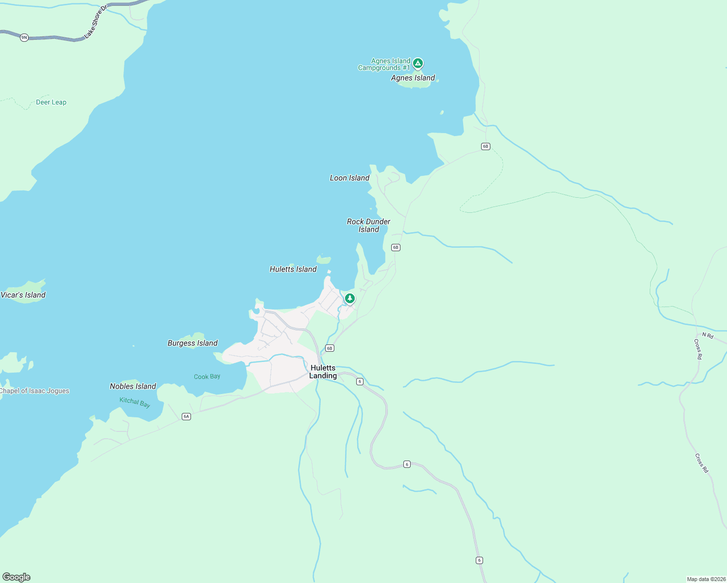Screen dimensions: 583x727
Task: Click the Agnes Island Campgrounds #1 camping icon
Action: [417, 63]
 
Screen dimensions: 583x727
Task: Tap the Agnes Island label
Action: [413, 78]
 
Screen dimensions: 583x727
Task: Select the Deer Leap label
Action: [51, 102]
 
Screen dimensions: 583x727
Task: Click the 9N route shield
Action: [24, 37]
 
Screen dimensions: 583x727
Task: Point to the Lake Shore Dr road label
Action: [95, 22]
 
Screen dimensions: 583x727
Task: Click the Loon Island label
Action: [349, 178]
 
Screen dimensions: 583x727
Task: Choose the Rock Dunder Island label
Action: [368, 225]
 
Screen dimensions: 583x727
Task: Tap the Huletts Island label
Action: [293, 269]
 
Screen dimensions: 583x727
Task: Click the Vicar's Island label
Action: [23, 295]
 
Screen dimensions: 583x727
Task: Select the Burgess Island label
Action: [192, 343]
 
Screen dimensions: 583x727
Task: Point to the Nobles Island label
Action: [133, 386]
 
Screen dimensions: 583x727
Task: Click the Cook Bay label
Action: [207, 377]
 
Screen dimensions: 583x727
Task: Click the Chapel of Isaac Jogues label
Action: [35, 391]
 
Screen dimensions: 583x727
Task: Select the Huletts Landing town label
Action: [323, 372]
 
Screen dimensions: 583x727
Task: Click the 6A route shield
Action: [186, 416]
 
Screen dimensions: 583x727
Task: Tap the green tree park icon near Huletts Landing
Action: [349, 298]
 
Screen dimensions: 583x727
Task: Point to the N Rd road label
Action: [708, 335]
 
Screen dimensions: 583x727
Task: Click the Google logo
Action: [17, 577]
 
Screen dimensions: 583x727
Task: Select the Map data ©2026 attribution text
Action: [706, 579]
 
